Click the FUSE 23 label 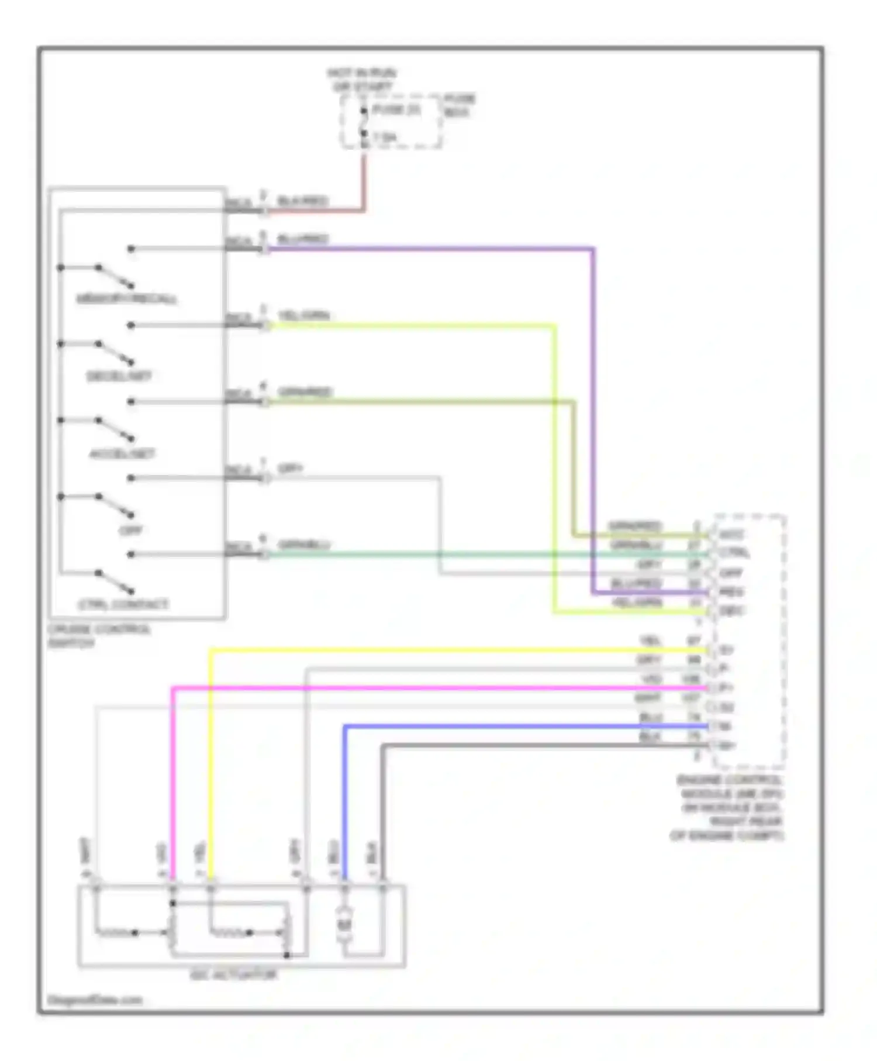396,110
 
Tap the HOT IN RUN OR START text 361,80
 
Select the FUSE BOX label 460,105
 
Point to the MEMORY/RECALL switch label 126,299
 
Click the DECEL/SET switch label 119,376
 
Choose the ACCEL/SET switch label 122,454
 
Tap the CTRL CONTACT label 123,605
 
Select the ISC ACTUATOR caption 233,975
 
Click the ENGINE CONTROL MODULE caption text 728,807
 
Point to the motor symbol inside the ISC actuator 344,924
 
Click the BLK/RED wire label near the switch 302,201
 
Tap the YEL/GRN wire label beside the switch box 303,316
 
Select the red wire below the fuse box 364,181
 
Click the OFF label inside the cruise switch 130,530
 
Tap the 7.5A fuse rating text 384,137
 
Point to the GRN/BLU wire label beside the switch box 303,545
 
